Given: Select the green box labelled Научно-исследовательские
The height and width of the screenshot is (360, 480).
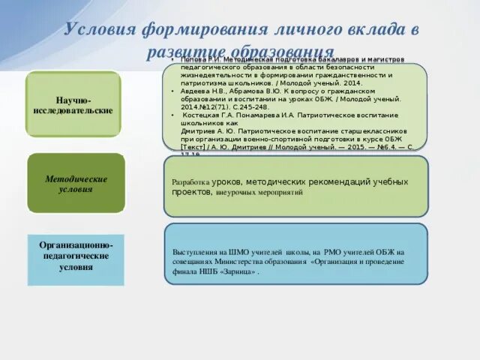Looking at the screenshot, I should (x=73, y=104).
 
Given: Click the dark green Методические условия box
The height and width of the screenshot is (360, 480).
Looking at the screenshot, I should (x=76, y=184).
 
